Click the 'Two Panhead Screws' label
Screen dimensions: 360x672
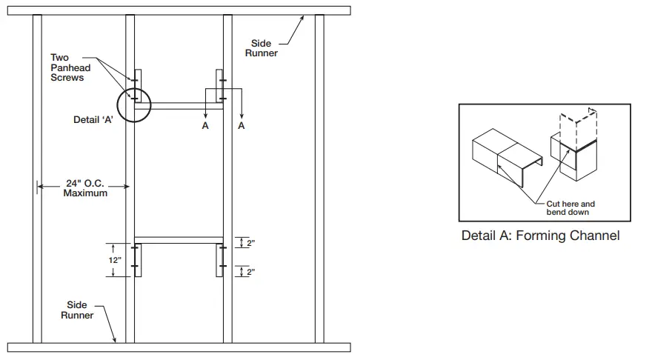67,67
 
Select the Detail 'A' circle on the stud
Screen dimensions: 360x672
134,103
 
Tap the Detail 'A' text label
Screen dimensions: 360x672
93,120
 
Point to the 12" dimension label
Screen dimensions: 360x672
113,260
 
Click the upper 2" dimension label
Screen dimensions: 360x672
251,244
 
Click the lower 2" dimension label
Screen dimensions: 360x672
251,272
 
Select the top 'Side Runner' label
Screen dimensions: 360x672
261,48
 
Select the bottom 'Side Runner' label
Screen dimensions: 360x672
77,310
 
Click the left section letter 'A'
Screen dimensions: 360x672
205,127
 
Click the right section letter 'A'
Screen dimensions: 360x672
242,127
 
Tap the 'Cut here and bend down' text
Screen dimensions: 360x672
570,208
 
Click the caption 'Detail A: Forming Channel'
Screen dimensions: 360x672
540,236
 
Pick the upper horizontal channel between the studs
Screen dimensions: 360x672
179,106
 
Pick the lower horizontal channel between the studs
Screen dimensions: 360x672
179,240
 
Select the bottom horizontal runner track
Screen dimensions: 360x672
178,347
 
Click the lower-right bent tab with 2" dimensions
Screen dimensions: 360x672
219,259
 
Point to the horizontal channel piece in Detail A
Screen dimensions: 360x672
504,156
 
